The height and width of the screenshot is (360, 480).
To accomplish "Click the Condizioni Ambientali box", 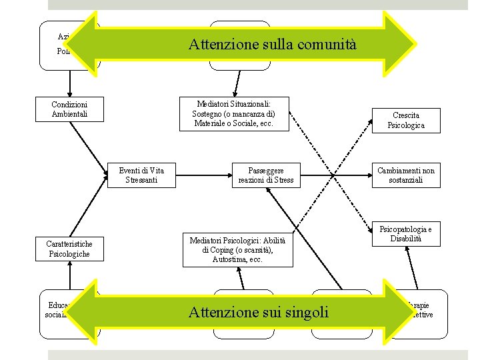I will (x=69, y=109).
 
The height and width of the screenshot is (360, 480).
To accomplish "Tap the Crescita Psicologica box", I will (x=406, y=120).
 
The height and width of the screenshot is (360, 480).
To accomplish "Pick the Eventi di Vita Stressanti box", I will (x=141, y=175).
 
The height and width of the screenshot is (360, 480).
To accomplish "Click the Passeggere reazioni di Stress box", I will (x=265, y=175).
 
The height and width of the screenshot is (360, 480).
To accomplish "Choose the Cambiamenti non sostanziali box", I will (x=406, y=175).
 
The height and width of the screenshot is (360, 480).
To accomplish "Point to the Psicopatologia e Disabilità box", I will (x=406, y=234).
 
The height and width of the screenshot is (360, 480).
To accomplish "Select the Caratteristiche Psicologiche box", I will (x=69, y=249).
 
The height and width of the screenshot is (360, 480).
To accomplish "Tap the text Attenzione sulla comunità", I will (x=273, y=45).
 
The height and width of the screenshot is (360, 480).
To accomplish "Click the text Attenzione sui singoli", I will (x=259, y=311).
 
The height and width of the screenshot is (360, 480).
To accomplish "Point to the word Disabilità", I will (x=406, y=239).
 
